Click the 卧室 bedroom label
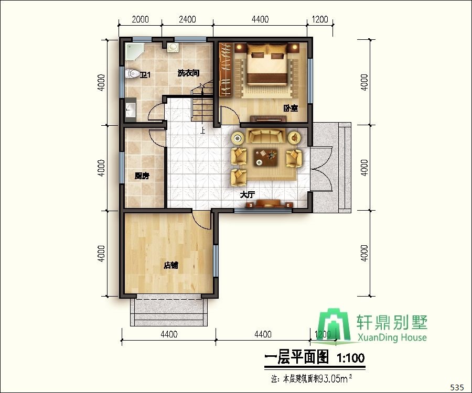coord(291,108)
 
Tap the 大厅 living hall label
coord(247,194)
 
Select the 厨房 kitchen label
coord(142,176)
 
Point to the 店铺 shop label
coord(171,265)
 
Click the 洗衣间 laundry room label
coord(187,73)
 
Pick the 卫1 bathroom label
coord(145,75)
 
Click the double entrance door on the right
coord(321,169)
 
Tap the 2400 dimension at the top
coord(187,20)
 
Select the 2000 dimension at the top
coord(140,20)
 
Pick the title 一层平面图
coord(297,358)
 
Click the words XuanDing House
coord(391,338)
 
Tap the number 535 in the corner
coord(457,387)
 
